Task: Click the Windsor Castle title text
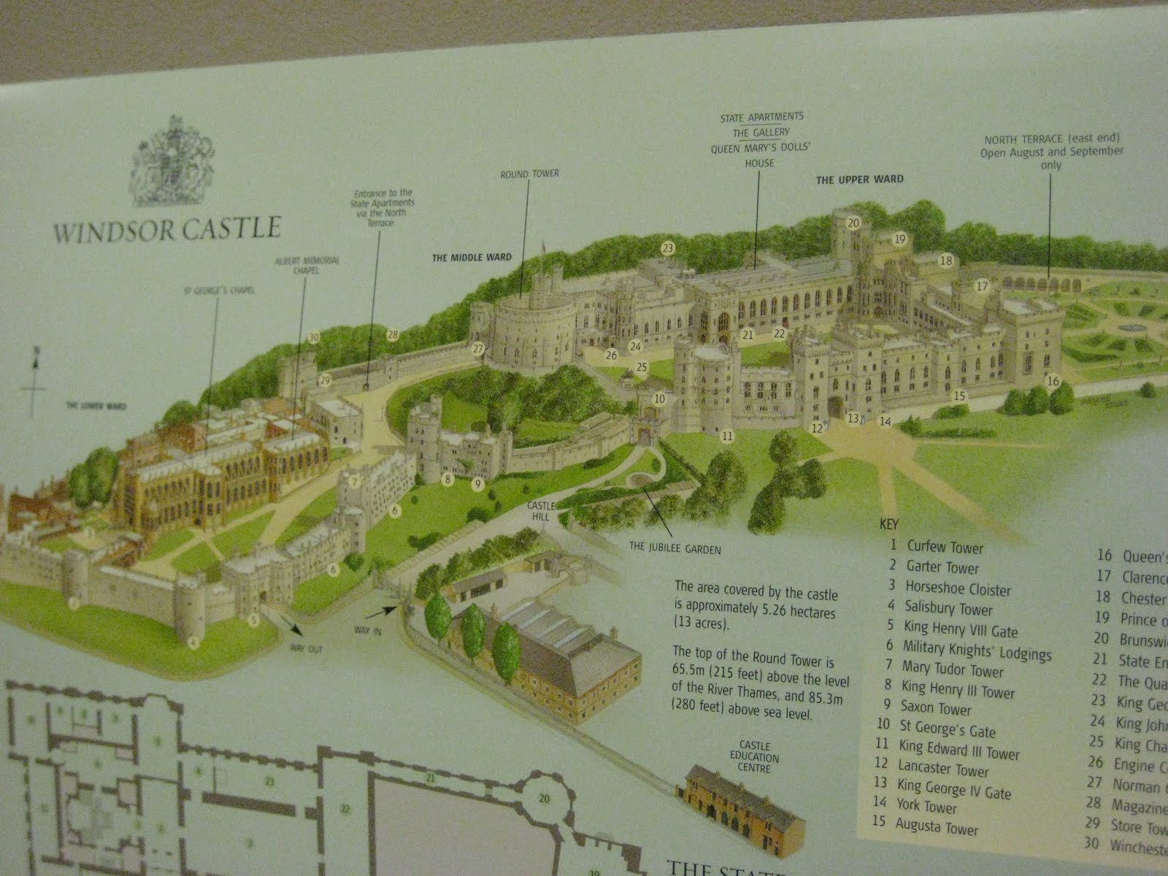click(167, 229)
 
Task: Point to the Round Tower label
click(529, 174)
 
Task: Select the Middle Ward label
click(472, 257)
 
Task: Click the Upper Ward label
click(859, 179)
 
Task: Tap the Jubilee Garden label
click(675, 549)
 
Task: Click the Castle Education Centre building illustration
click(741, 804)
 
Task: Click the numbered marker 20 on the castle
click(853, 223)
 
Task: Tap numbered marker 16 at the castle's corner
click(1053, 381)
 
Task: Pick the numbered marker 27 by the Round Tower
click(478, 348)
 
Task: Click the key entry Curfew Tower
click(945, 547)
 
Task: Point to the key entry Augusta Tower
click(936, 827)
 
